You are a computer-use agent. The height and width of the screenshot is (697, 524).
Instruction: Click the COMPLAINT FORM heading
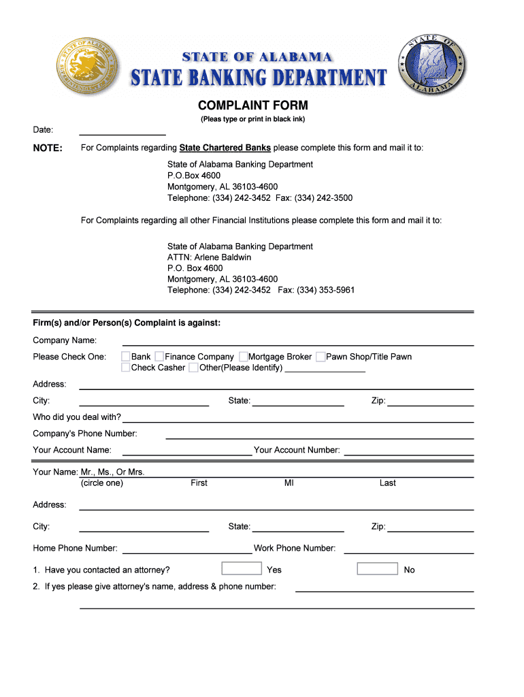point(252,106)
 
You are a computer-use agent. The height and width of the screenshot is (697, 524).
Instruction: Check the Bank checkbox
point(126,357)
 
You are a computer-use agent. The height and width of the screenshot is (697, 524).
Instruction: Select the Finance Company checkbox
point(159,357)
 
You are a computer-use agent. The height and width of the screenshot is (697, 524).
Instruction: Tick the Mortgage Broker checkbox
point(243,357)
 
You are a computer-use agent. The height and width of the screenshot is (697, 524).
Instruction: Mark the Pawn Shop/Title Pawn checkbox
point(321,357)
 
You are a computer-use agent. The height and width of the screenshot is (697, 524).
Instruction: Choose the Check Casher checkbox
point(126,368)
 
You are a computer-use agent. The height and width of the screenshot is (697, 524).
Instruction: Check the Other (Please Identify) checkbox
point(194,368)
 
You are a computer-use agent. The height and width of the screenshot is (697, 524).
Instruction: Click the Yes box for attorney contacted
point(242,568)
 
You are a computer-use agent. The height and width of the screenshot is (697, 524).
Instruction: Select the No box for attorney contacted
point(377,568)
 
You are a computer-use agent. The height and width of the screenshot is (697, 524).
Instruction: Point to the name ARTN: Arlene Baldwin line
point(209,257)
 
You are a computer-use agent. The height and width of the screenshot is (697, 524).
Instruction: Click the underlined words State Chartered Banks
point(225,148)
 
